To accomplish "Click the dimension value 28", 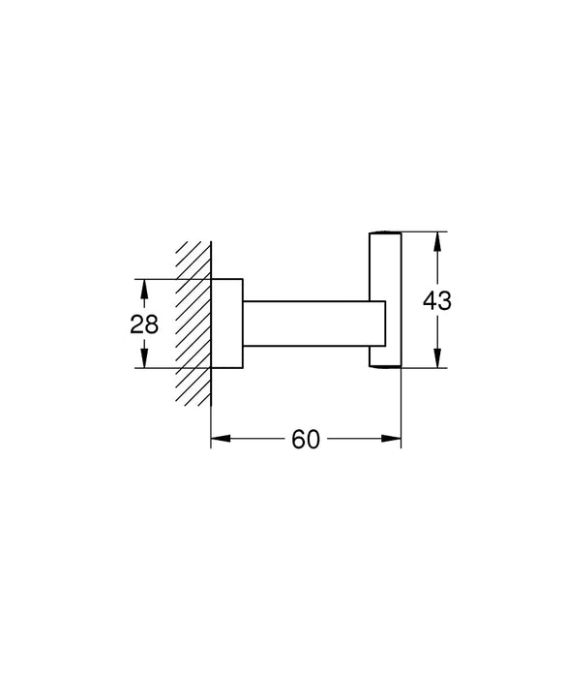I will pyautogui.click(x=144, y=324).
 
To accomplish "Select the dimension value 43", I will pyautogui.click(x=437, y=300).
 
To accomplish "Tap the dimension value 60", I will pyautogui.click(x=306, y=441).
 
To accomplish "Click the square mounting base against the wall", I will pyautogui.click(x=226, y=324).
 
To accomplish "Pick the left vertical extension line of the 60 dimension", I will pyautogui.click(x=211, y=416).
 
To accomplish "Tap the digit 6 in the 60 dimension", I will pyautogui.click(x=298, y=441).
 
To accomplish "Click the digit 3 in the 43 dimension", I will pyautogui.click(x=445, y=300).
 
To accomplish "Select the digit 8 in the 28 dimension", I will pyautogui.click(x=152, y=324).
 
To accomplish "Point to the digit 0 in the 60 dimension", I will pyautogui.click(x=313, y=441).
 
